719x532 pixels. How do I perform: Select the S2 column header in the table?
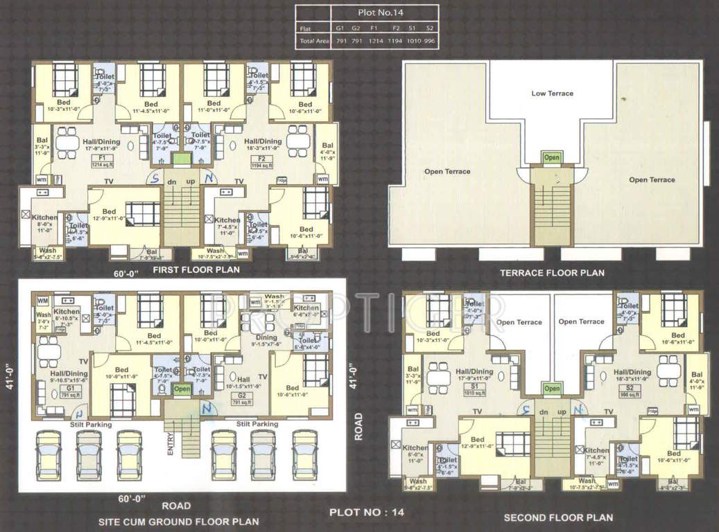tap(430, 29)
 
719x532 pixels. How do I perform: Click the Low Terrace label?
tap(552, 93)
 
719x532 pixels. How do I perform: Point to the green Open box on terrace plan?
tap(552, 158)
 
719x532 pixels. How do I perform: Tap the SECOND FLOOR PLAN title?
tap(558, 517)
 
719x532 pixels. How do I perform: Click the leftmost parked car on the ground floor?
tap(48, 458)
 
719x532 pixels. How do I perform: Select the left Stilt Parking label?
tap(90, 424)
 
